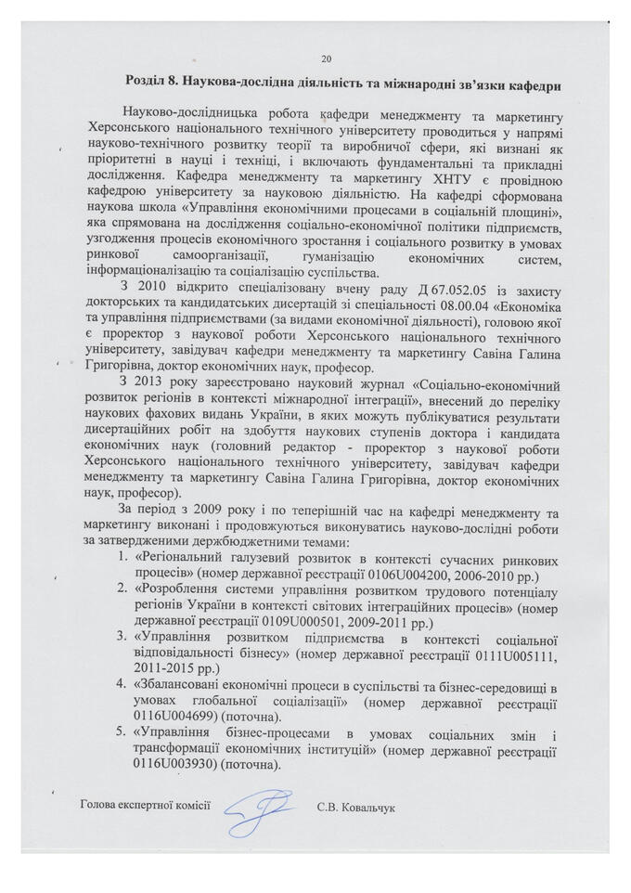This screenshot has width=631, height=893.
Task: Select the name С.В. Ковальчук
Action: click(x=355, y=809)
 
